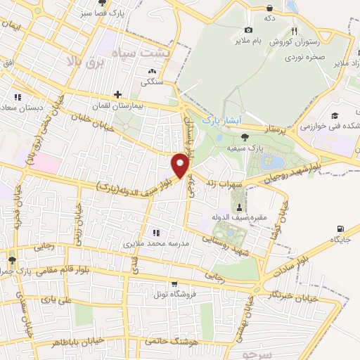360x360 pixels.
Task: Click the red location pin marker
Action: click(x=181, y=165)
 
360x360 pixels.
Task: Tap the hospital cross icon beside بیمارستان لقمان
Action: click(x=117, y=94)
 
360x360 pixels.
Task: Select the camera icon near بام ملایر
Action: click(x=248, y=30)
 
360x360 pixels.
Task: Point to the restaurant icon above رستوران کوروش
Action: click(x=295, y=30)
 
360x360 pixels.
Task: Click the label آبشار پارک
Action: click(x=221, y=120)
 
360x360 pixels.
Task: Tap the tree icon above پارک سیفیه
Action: click(x=244, y=137)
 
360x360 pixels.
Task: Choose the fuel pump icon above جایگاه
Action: click(x=341, y=229)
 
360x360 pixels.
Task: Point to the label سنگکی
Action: click(x=152, y=82)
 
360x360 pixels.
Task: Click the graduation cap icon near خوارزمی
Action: click(x=335, y=115)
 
